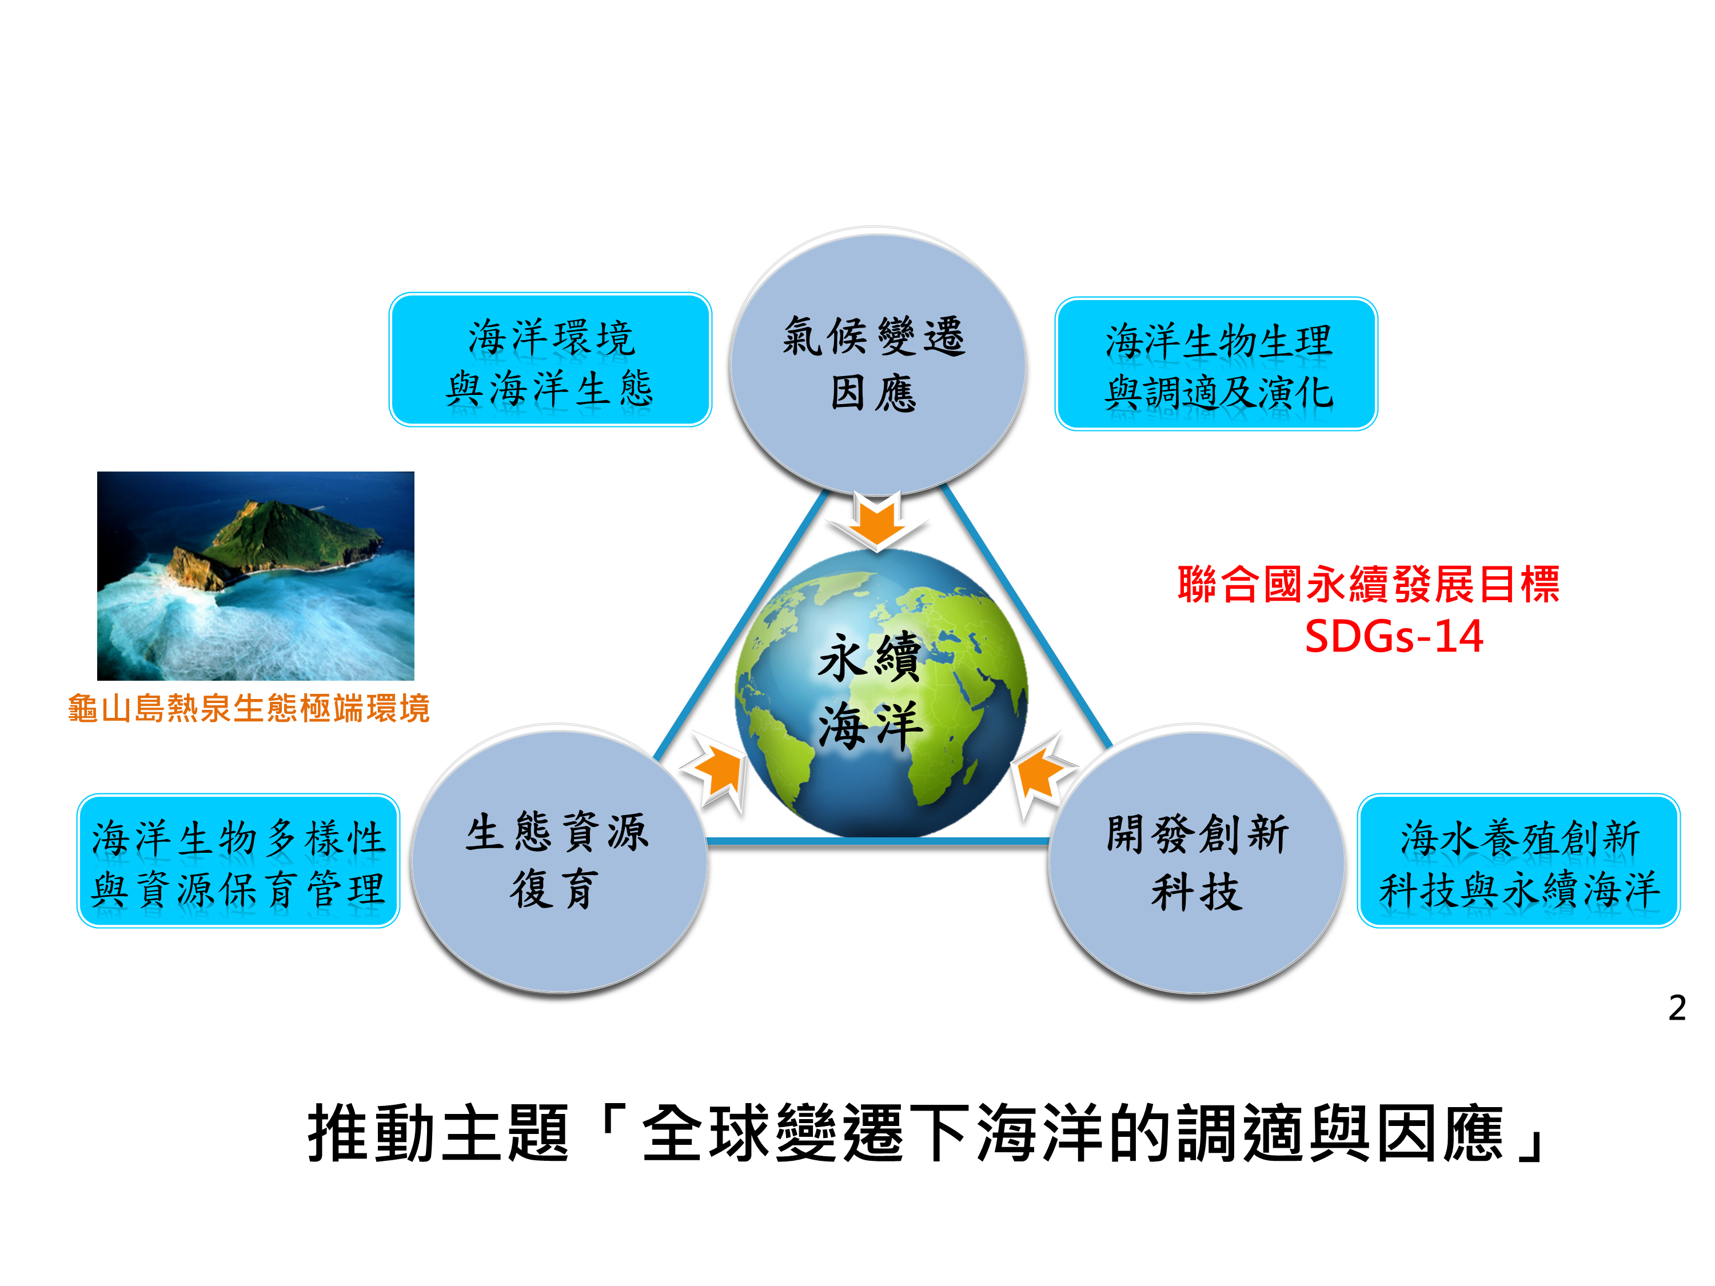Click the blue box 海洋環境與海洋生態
click(550, 360)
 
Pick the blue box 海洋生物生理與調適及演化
click(1216, 364)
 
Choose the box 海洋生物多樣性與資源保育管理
click(238, 860)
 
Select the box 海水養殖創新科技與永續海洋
click(1518, 860)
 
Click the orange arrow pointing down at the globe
click(877, 520)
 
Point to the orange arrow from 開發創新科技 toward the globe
click(1043, 773)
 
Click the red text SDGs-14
click(1393, 636)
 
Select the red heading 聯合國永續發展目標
click(1369, 584)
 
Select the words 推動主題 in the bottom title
click(439, 1134)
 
